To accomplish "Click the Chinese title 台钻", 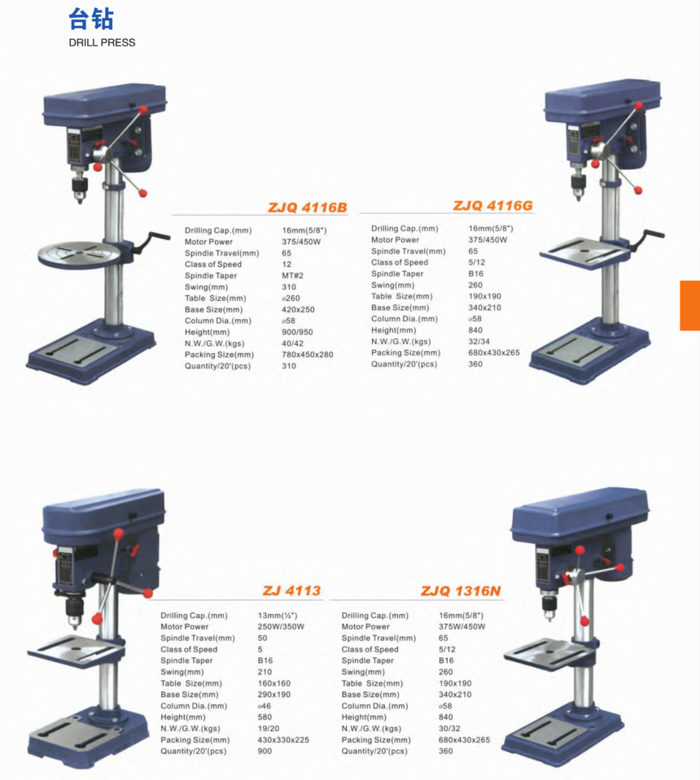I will tap(91, 19).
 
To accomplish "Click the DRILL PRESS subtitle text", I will tap(102, 42).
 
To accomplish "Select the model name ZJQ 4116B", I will tap(308, 208).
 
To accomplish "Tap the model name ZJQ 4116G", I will tap(492, 206).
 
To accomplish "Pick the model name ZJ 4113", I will tap(291, 591).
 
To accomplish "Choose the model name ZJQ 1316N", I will tap(461, 591).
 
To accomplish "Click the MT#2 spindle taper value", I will tap(292, 276).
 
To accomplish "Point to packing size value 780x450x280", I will tap(307, 355).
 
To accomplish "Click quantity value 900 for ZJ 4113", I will tap(265, 752).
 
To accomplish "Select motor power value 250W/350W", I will tap(281, 627).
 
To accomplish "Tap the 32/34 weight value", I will tap(479, 342).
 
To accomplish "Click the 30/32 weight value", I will tap(449, 729).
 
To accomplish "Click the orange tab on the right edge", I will tap(689, 305).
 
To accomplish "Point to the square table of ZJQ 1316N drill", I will tap(544, 651).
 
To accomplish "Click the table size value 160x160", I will tap(274, 683).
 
